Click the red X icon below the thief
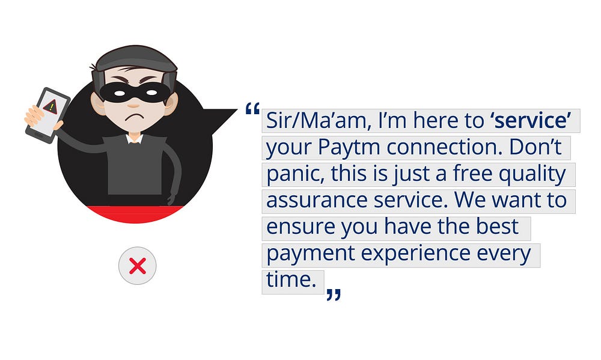click(138, 266)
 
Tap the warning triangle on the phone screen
click(50, 106)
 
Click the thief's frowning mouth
click(133, 116)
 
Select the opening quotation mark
click(252, 109)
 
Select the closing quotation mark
click(334, 294)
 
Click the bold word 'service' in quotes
click(531, 120)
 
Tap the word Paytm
click(349, 148)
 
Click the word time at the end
click(291, 279)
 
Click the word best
click(497, 227)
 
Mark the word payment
click(311, 254)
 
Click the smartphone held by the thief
click(47, 115)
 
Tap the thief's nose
click(133, 105)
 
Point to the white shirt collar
click(134, 138)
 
